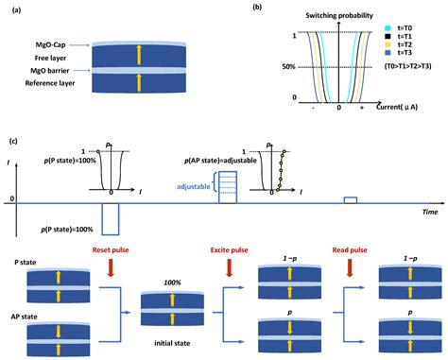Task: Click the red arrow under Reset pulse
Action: click(x=104, y=271)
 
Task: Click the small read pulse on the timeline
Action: click(x=350, y=199)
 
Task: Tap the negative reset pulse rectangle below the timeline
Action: click(x=112, y=217)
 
